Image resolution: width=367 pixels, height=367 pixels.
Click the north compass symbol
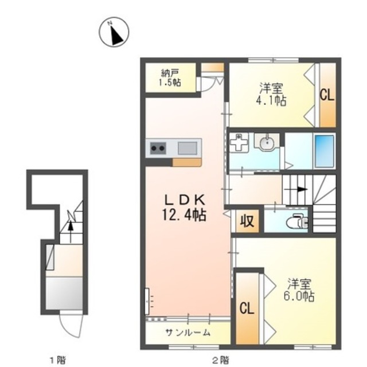click(x=114, y=32)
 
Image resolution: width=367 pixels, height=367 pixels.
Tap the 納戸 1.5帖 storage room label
click(x=170, y=78)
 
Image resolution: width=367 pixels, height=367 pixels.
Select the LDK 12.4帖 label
click(x=185, y=208)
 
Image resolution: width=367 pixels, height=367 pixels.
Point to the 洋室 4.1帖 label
click(x=271, y=94)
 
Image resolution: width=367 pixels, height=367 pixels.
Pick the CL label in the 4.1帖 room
click(x=327, y=95)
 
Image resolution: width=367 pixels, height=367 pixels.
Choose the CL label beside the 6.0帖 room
click(x=247, y=308)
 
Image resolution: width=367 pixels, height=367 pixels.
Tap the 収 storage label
click(x=247, y=221)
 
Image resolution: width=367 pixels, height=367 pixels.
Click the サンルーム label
click(x=188, y=332)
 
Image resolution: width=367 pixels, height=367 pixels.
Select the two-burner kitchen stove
click(x=158, y=148)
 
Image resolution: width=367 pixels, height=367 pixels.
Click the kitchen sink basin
click(x=188, y=148)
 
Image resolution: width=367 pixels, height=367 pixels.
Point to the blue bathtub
click(x=324, y=151)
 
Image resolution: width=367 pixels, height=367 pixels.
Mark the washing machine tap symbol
click(x=239, y=143)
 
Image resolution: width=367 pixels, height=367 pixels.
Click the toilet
click(x=296, y=221)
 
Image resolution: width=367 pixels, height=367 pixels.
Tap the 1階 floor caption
click(x=57, y=360)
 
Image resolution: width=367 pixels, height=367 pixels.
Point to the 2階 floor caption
click(x=220, y=360)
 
